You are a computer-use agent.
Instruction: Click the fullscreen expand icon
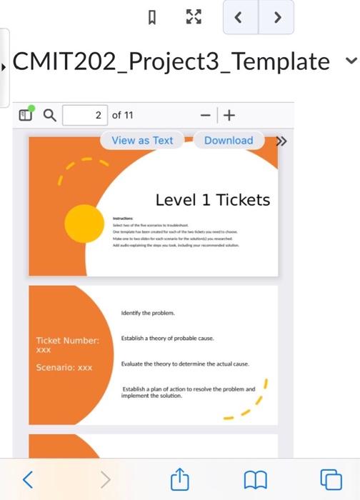click(x=193, y=16)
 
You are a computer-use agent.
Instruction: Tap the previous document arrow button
click(x=240, y=17)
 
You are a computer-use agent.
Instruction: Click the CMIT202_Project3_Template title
click(x=171, y=61)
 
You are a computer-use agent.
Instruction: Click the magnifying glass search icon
click(x=49, y=115)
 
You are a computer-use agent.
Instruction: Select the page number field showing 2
click(x=86, y=115)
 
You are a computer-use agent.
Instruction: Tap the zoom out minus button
click(x=205, y=115)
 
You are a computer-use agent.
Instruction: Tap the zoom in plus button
click(x=229, y=115)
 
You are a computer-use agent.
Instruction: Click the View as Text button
click(x=142, y=141)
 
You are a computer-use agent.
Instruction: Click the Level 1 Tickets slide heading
click(x=213, y=200)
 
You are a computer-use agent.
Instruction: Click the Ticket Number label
click(x=67, y=341)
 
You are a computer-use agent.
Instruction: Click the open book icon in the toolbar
click(x=255, y=478)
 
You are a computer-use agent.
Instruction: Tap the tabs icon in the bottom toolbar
click(x=330, y=478)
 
